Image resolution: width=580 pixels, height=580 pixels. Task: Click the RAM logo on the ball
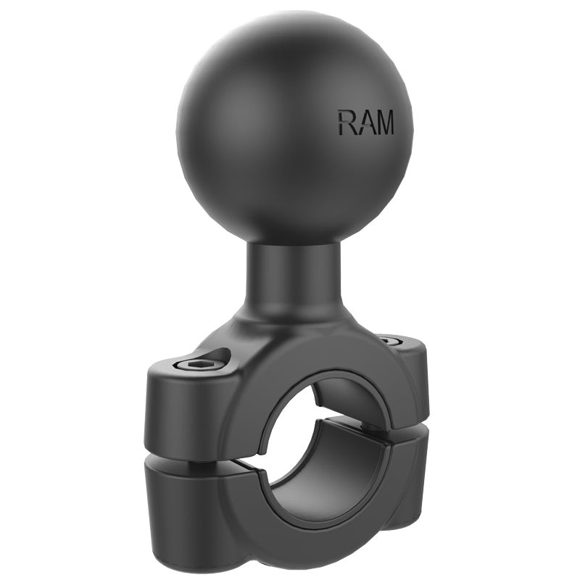click(365, 123)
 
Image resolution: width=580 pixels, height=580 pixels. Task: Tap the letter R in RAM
click(347, 123)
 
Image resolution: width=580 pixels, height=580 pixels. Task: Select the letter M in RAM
click(384, 123)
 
